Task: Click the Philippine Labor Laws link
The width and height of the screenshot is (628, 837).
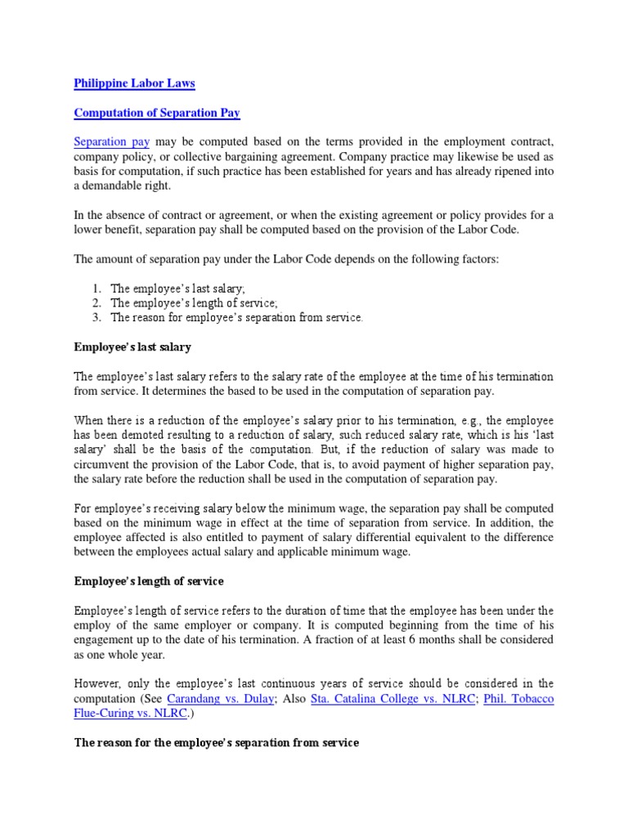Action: click(x=134, y=83)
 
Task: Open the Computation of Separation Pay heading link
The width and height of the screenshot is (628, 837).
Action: click(x=157, y=112)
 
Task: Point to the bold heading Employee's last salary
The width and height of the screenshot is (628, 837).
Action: click(x=132, y=347)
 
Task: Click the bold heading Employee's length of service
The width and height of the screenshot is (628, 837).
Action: click(x=149, y=581)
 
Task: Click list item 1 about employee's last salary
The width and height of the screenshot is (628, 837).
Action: click(x=172, y=289)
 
